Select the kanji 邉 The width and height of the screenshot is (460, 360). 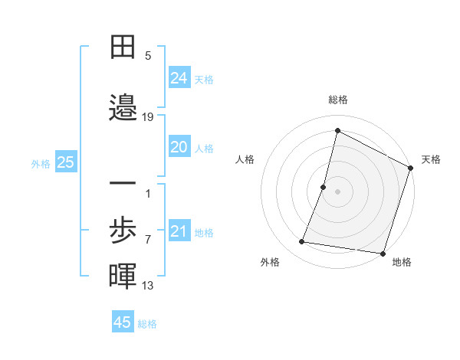tap(123, 106)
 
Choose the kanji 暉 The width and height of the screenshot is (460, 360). tap(123, 276)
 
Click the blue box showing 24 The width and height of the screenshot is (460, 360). tap(179, 77)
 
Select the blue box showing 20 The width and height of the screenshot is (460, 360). tap(179, 147)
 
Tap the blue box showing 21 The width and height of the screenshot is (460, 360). tap(179, 231)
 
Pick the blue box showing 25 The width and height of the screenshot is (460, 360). tap(65, 162)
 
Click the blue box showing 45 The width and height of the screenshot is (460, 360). tap(123, 322)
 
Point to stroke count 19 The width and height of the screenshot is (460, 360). tap(148, 117)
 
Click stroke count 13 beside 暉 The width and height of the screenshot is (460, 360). tap(148, 286)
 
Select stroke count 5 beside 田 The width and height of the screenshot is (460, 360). tap(148, 56)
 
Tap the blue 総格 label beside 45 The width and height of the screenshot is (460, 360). tap(147, 324)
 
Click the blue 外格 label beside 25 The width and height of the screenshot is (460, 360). tap(41, 163)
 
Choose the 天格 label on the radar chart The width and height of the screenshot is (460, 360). tap(431, 159)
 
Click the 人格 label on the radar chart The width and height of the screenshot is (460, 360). tap(245, 159)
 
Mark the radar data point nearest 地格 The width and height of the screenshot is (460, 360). tap(383, 254)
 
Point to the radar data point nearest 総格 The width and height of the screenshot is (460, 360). tap(337, 130)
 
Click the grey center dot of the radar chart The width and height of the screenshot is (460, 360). tap(337, 191)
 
